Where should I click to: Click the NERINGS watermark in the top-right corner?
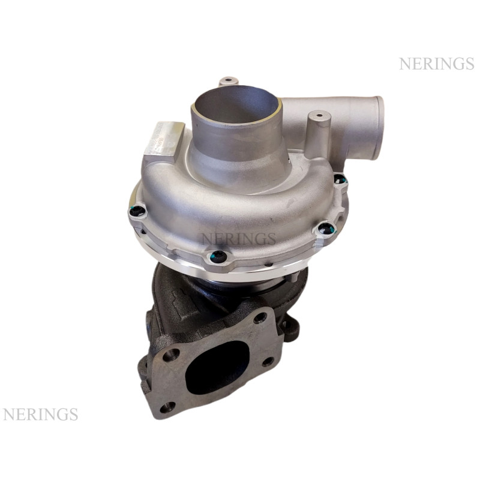437,64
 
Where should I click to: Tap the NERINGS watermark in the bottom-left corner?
40,414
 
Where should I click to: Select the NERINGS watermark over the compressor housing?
238,238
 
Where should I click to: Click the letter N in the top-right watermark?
404,64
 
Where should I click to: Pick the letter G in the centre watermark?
260,238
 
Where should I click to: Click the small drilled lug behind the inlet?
228,81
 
